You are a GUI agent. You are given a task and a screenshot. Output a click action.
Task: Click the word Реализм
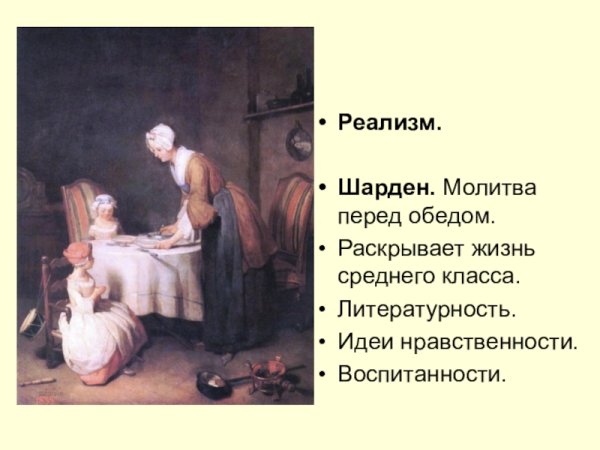390,124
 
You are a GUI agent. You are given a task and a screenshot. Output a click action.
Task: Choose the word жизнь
502,247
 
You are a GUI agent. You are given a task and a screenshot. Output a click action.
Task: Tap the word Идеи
363,342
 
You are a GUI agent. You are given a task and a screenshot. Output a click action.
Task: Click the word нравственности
486,342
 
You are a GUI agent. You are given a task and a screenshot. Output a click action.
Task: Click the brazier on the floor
270,372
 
